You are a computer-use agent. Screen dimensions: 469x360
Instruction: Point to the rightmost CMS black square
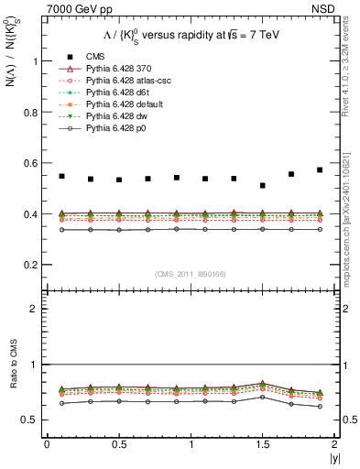tap(321, 170)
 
